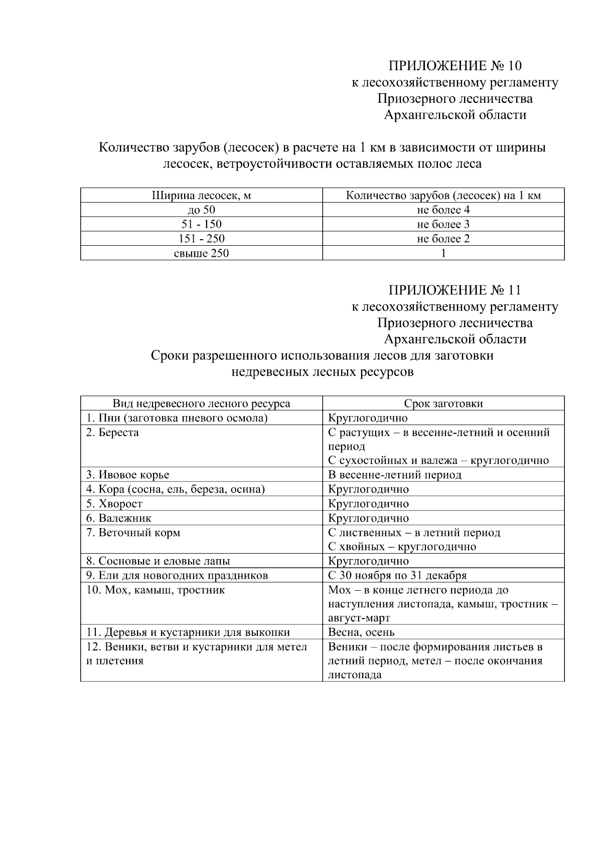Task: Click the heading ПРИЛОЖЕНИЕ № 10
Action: click(455, 66)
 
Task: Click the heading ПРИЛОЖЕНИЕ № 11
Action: click(455, 290)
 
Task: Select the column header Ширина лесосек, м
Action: click(201, 196)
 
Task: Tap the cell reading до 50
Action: click(201, 210)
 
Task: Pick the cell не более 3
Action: click(443, 224)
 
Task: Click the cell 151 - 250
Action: click(201, 239)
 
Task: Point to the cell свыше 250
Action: click(201, 253)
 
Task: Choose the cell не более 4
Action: click(443, 210)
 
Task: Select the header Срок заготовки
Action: click(443, 404)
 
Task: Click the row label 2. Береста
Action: click(112, 432)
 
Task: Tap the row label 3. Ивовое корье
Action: click(127, 475)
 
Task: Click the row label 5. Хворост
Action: click(114, 503)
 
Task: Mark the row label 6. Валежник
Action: click(118, 518)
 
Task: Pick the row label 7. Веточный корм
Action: click(133, 533)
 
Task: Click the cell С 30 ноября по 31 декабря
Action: click(397, 575)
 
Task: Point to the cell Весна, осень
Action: click(361, 632)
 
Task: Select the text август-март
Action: click(359, 618)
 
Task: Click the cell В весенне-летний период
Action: click(394, 475)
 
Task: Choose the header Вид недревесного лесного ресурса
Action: click(201, 404)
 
